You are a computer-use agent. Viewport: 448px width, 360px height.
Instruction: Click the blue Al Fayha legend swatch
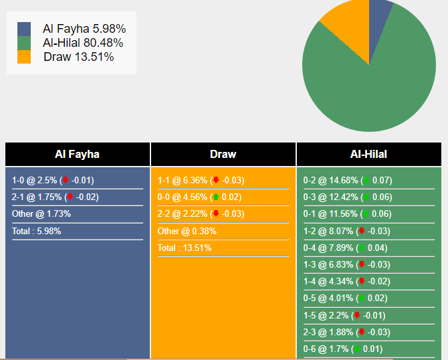[24, 29]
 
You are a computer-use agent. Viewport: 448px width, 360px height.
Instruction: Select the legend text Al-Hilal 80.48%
[83, 43]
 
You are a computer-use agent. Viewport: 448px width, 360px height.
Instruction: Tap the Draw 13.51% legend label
[79, 57]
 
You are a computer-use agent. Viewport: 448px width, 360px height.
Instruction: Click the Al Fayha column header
[78, 155]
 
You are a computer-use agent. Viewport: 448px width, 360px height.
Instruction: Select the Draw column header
[223, 155]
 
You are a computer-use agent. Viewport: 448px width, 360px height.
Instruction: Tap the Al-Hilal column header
[368, 155]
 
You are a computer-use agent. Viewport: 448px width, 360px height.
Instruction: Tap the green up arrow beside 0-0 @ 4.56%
[216, 197]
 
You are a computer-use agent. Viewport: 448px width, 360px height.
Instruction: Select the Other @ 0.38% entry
[187, 231]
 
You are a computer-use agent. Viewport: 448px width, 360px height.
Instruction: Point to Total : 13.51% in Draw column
[185, 248]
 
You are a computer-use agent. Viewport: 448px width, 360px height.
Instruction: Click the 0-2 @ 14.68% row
[348, 181]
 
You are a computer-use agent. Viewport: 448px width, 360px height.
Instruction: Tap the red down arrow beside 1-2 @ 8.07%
[362, 231]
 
